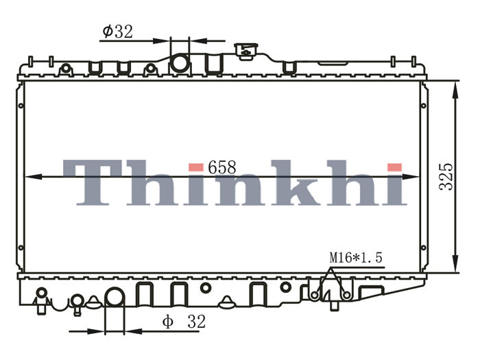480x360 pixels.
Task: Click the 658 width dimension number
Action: click(222, 167)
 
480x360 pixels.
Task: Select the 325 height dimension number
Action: click(446, 177)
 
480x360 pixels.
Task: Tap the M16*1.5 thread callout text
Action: click(356, 257)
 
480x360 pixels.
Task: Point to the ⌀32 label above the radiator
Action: click(117, 32)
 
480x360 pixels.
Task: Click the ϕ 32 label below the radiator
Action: click(184, 322)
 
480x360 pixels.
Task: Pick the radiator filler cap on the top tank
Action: click(246, 51)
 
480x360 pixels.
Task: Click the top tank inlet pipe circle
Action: click(180, 63)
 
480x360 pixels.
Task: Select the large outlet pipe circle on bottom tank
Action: click(115, 297)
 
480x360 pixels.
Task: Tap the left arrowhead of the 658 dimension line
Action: click(33, 177)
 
